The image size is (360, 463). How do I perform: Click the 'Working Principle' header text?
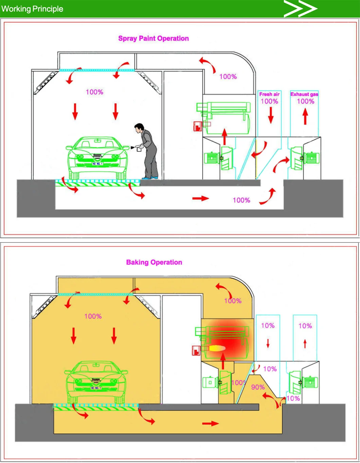[x=32, y=9]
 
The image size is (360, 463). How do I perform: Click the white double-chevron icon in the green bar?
[x=300, y=8]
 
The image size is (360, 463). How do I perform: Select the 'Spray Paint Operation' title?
[x=154, y=38]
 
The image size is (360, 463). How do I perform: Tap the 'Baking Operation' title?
[x=154, y=262]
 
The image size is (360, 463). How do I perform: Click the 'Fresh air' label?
[x=269, y=94]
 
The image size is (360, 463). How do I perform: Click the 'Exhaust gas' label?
[x=304, y=94]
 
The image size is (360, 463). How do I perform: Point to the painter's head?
[x=138, y=128]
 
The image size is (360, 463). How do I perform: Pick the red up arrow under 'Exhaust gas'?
[x=305, y=116]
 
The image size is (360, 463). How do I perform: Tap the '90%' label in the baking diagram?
[x=258, y=387]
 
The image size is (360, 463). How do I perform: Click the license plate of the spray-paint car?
[x=97, y=164]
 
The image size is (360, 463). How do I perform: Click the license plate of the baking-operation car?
[x=96, y=388]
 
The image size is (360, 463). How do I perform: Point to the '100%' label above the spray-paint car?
[x=94, y=92]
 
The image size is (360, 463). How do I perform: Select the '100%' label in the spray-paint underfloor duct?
[x=241, y=200]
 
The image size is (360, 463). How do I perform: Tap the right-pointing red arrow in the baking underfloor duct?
[x=211, y=423]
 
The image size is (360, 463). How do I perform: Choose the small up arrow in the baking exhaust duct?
[x=305, y=343]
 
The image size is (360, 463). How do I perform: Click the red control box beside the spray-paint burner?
[x=197, y=126]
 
